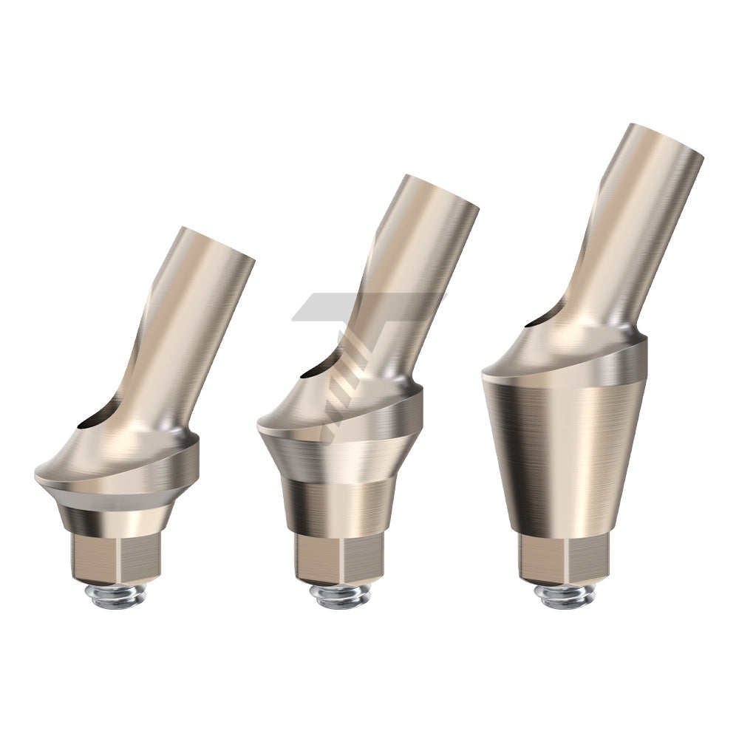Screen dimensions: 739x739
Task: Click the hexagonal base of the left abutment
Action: coord(117,558)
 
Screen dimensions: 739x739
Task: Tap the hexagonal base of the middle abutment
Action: coord(339,558)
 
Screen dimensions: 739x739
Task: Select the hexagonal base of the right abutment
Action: coord(563,558)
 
